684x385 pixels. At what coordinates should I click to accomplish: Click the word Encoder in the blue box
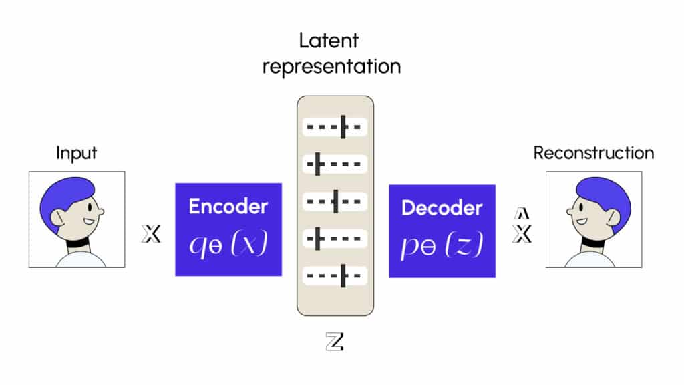pos(228,206)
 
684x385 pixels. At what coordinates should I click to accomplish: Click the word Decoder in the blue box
pos(442,207)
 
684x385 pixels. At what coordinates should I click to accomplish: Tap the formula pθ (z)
pos(442,247)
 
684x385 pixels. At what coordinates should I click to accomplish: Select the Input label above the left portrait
pos(76,152)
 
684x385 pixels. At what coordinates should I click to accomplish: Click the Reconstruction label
pos(593,152)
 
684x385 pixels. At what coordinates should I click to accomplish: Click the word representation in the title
pos(331,67)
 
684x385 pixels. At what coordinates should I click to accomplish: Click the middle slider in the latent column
pos(335,200)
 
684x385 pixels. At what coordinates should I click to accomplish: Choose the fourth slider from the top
pos(335,237)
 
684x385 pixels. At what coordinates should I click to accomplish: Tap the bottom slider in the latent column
pos(335,275)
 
